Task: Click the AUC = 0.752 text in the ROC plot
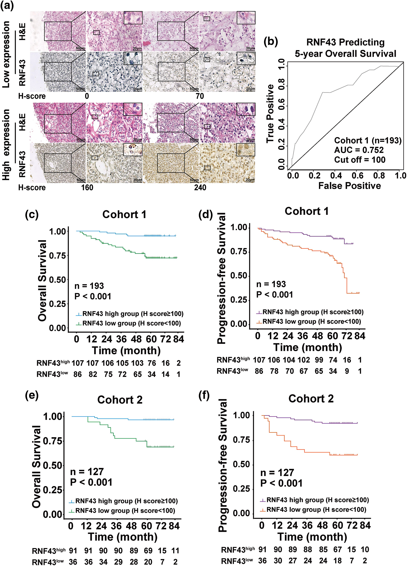point(359,150)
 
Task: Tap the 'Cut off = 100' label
point(360,160)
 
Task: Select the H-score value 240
point(200,187)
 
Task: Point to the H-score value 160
point(87,187)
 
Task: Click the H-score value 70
point(200,96)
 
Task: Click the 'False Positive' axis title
point(349,186)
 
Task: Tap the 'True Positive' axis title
point(270,114)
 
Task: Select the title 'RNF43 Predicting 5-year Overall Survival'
point(345,48)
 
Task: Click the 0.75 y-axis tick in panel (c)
point(58,256)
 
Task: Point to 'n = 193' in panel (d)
point(271,284)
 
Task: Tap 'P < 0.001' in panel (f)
point(281,483)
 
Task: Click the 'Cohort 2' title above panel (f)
point(311,399)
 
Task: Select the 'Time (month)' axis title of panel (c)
point(126,350)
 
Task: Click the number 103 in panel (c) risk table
point(137,363)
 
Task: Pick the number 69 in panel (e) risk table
point(148,551)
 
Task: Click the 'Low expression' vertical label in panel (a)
point(6,54)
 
